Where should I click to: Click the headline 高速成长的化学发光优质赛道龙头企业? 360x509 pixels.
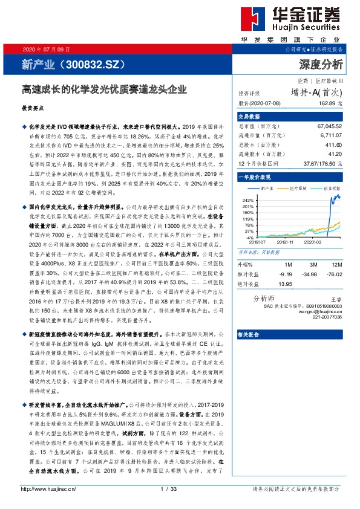(x=100, y=89)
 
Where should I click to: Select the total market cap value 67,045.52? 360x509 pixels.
(x=329, y=126)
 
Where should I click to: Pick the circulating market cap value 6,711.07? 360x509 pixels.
(x=330, y=137)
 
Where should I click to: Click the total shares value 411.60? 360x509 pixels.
(x=333, y=146)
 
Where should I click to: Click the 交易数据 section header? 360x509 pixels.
(x=248, y=116)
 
